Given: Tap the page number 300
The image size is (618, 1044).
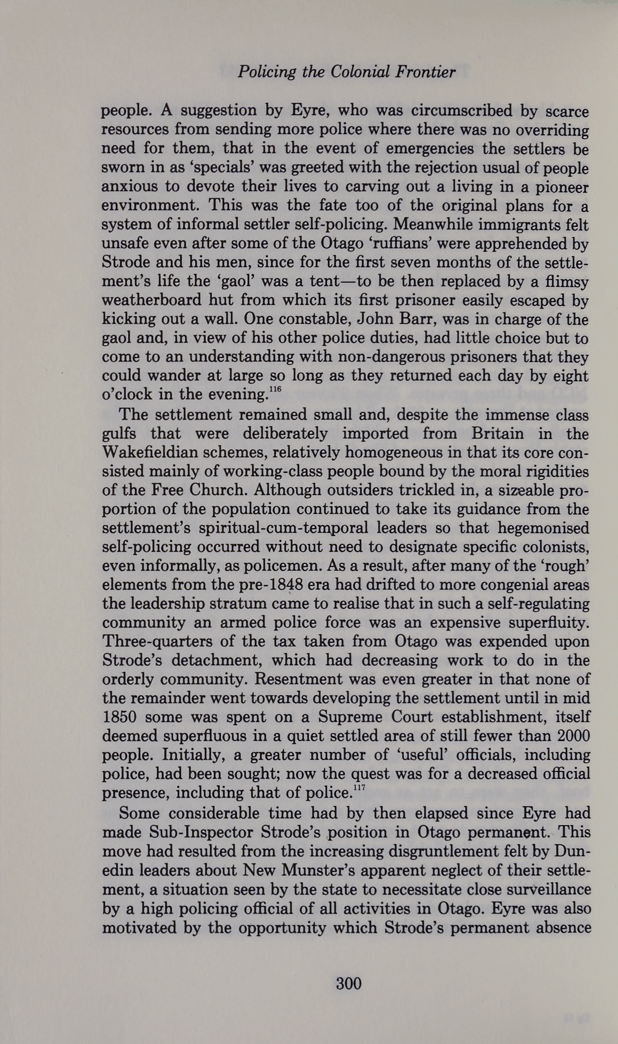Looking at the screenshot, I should point(348,984).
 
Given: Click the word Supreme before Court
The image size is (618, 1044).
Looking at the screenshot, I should point(351,717).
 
